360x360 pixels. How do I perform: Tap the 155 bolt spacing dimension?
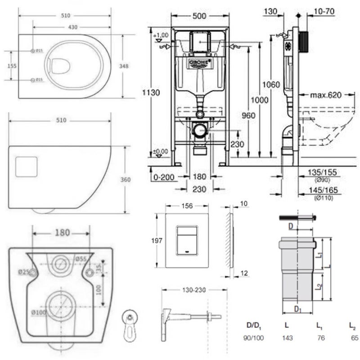pyautogui.click(x=12, y=66)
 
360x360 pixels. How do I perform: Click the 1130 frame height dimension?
pyautogui.click(x=152, y=93)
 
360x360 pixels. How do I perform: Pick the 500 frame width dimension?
pyautogui.click(x=199, y=16)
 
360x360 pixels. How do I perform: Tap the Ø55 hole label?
pyautogui.click(x=81, y=259)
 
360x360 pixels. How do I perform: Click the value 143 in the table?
pyautogui.click(x=288, y=337)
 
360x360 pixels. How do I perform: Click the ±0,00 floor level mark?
pyautogui.click(x=160, y=151)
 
